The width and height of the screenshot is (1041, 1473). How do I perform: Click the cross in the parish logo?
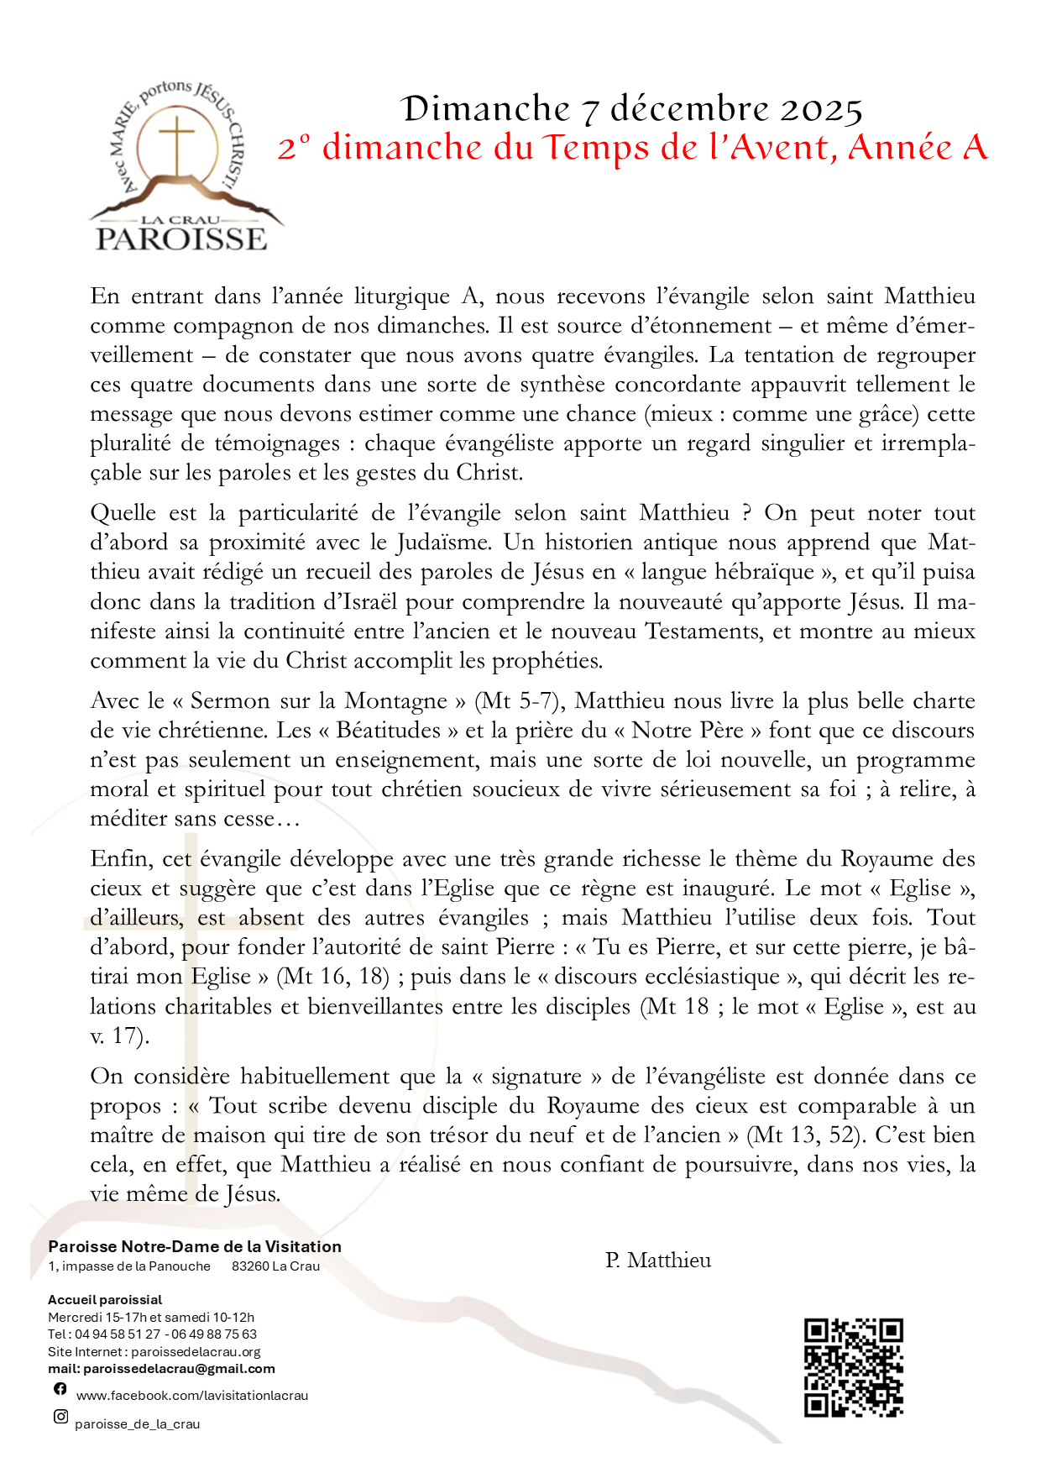click(177, 140)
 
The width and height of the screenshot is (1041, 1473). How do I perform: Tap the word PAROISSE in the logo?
click(181, 239)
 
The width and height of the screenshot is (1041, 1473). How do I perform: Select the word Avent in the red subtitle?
click(779, 148)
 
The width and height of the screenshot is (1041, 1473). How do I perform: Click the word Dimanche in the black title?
click(485, 109)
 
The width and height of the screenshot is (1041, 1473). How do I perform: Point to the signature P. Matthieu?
click(658, 1261)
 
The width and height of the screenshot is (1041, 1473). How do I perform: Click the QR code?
click(853, 1368)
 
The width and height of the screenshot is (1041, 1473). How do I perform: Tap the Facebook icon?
click(60, 1389)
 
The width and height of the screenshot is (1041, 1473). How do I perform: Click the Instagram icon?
click(60, 1417)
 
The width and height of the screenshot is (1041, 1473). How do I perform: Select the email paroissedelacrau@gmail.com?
click(179, 1369)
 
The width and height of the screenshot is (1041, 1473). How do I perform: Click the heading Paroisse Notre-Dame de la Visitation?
click(195, 1247)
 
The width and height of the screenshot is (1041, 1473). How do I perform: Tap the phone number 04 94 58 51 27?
click(118, 1334)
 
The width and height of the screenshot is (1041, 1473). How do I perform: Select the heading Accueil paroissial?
click(105, 1300)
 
